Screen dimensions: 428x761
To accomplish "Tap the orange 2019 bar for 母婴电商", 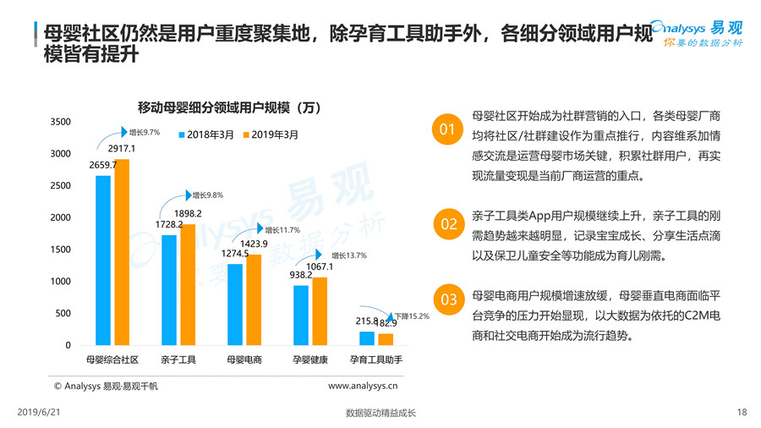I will pyautogui.click(x=254, y=299).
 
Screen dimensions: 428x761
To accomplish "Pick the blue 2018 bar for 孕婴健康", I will pyautogui.click(x=301, y=315).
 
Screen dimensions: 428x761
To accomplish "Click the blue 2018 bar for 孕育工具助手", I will pyautogui.click(x=366, y=338).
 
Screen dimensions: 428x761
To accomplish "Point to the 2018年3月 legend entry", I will pyautogui.click(x=205, y=134).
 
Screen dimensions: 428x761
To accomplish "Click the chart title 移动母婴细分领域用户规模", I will pyautogui.click(x=228, y=107).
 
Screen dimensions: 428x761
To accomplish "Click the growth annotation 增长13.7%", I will pyautogui.click(x=348, y=255).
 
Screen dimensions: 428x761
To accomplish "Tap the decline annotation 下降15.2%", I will pyautogui.click(x=412, y=316).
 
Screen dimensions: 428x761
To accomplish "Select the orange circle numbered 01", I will pyautogui.click(x=449, y=129).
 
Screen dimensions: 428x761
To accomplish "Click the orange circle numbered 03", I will pyautogui.click(x=449, y=299).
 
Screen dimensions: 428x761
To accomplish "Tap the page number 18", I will pyautogui.click(x=742, y=413).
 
